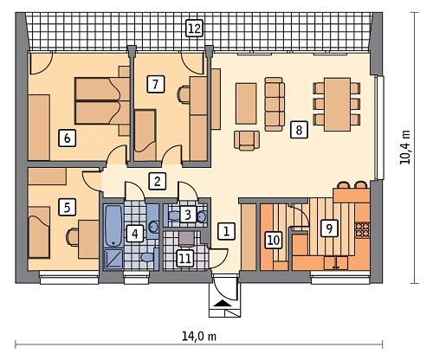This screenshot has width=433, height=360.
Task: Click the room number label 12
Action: [194, 29]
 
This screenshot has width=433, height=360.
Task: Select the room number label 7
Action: [155, 84]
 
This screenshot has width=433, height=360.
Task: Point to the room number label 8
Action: [299, 130]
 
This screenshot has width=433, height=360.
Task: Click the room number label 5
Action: [64, 207]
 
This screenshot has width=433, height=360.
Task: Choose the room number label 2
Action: [157, 181]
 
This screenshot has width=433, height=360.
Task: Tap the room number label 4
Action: [134, 233]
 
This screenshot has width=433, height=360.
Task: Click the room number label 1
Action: [225, 231]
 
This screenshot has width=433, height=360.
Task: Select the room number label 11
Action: [184, 257]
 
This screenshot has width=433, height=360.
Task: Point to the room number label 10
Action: [272, 240]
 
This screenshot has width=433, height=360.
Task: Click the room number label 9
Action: [327, 228]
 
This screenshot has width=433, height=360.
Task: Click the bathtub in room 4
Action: [114, 227]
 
